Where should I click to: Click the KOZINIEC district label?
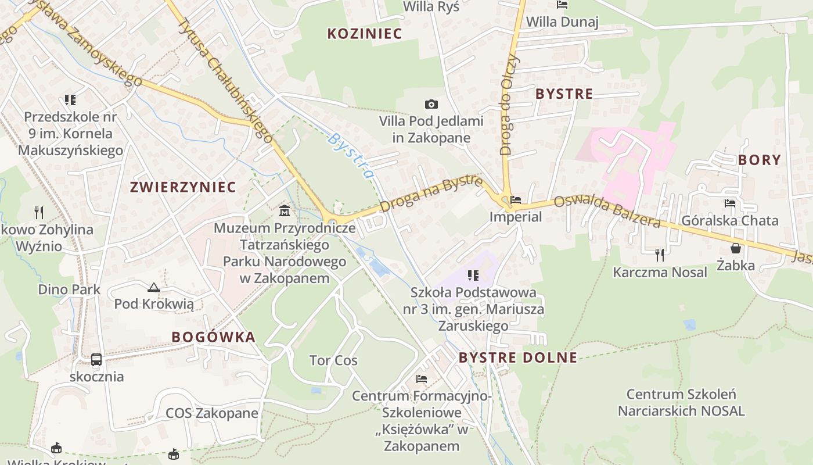coord(365,34)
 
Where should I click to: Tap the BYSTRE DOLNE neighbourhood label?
coord(518,357)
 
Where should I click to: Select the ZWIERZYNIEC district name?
coord(183,187)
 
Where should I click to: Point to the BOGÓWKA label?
coord(214,337)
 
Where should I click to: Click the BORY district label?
coord(760,160)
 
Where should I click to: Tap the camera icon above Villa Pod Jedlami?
coord(431,105)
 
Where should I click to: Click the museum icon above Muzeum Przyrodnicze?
coord(285,210)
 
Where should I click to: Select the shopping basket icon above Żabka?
coord(736,248)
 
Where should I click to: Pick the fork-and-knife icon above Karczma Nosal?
coord(660,255)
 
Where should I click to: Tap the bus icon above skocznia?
coord(96,360)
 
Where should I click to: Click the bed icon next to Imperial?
coord(515,201)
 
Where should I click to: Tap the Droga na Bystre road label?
coord(431,194)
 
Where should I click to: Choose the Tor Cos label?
coord(333,360)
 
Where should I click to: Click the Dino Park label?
coord(69,289)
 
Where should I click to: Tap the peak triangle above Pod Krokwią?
coord(153,287)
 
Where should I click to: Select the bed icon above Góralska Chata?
coord(730,203)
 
